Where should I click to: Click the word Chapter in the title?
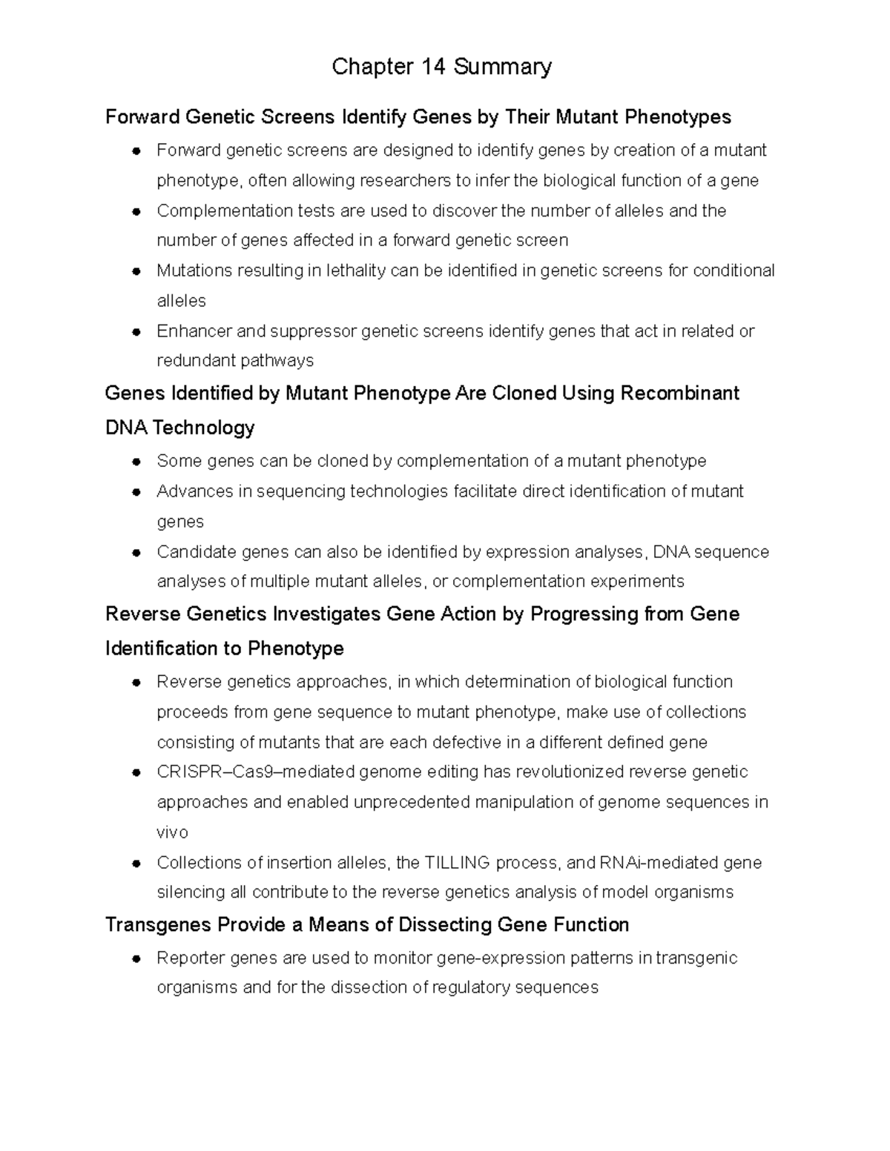point(372,67)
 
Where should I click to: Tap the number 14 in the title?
point(433,67)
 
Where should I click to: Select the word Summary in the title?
point(503,67)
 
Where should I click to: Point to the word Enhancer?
point(194,331)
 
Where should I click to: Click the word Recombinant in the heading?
point(679,393)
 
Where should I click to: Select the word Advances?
point(194,491)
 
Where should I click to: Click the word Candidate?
point(197,552)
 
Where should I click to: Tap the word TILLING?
point(457,863)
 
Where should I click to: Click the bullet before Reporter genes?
point(136,958)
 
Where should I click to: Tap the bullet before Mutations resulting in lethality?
point(136,271)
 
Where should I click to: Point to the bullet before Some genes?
point(136,462)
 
